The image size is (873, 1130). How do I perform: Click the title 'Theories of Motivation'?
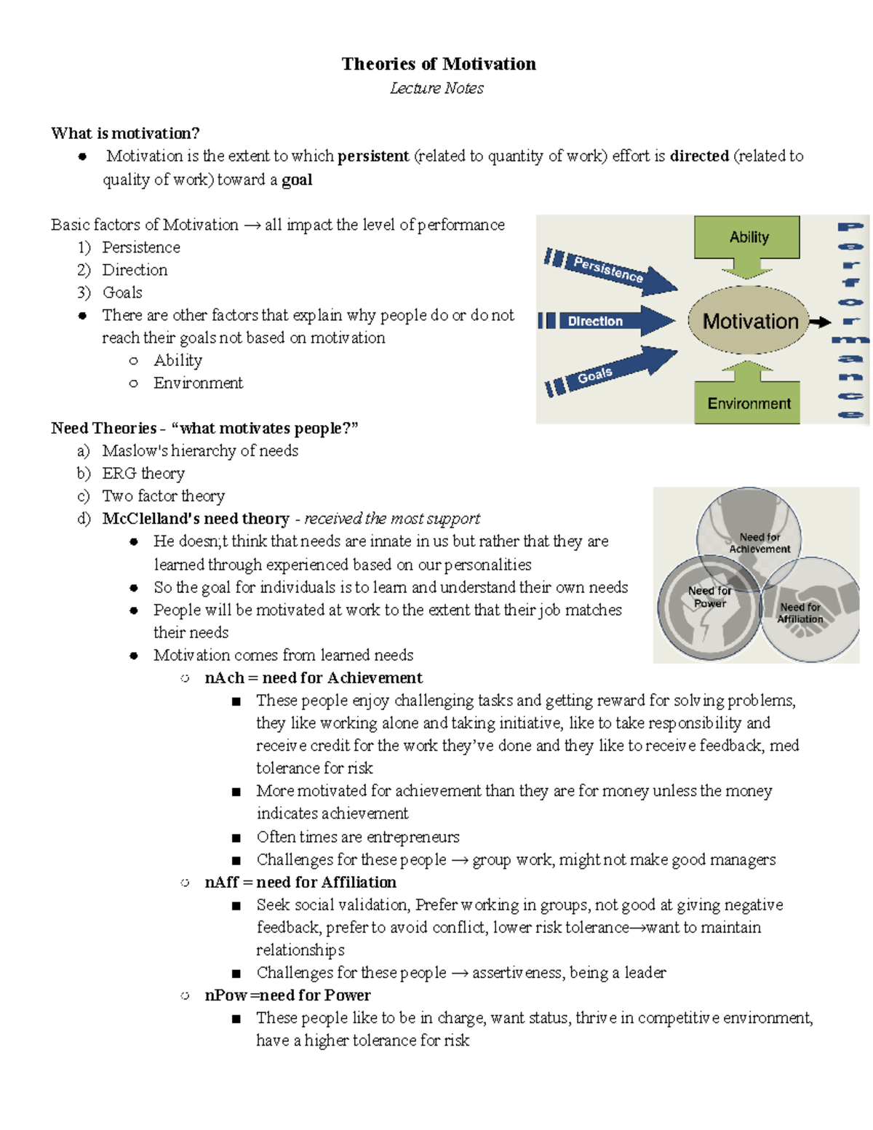tap(439, 64)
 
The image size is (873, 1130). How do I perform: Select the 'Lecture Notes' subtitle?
tap(436, 88)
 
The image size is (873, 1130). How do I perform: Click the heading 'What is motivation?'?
tap(125, 133)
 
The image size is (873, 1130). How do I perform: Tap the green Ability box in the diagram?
tap(747, 237)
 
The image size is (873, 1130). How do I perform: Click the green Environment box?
tap(748, 403)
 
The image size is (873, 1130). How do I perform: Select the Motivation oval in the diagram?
tap(749, 321)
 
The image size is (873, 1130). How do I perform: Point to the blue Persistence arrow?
tap(611, 270)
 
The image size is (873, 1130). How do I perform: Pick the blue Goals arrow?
tap(611, 370)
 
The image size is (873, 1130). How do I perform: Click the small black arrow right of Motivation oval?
tap(821, 322)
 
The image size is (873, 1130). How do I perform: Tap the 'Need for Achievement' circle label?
tap(759, 543)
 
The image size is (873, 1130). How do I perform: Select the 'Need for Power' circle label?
tap(709, 597)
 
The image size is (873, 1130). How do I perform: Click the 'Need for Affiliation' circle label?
tap(800, 613)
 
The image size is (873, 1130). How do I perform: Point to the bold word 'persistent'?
tap(373, 156)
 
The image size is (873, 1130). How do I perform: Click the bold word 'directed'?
tap(699, 156)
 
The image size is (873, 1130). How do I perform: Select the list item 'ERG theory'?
tap(143, 474)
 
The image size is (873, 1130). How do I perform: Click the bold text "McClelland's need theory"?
tap(196, 519)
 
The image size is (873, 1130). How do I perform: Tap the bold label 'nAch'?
tap(224, 678)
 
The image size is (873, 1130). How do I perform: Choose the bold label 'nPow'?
tap(226, 995)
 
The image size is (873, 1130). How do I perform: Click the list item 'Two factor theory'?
tap(163, 496)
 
